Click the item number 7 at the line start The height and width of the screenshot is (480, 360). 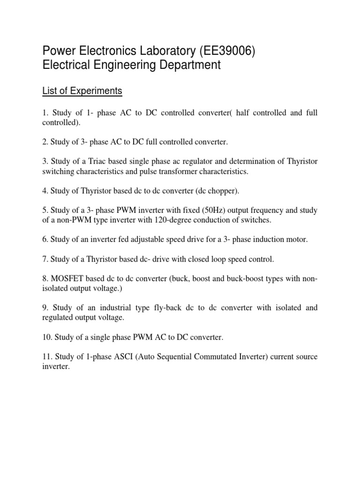(45, 259)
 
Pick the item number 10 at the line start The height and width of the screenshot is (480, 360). (47, 337)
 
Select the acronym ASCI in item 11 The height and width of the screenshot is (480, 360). (106, 357)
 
